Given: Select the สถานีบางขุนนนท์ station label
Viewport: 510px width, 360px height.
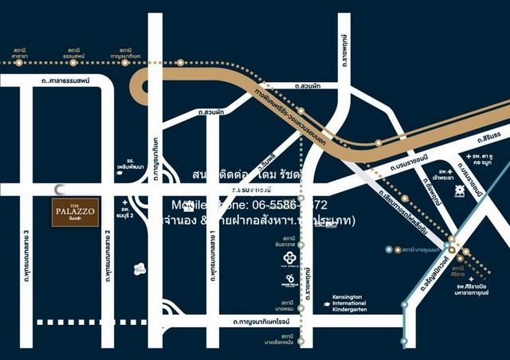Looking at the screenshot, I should tap(418, 250).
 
